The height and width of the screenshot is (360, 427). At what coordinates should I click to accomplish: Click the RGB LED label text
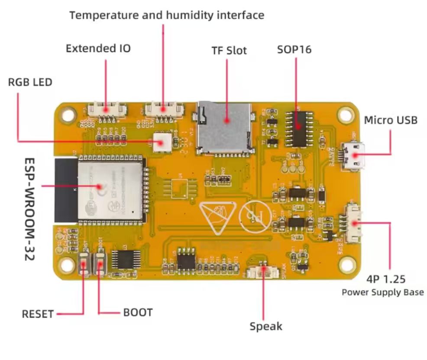30,82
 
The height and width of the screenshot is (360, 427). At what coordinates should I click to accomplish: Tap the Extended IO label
98,48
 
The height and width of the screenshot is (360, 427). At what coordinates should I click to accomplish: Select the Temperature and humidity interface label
167,16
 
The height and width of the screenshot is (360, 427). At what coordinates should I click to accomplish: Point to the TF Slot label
229,51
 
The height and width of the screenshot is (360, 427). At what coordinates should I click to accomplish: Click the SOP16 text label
294,49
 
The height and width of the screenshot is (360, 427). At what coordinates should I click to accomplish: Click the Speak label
265,326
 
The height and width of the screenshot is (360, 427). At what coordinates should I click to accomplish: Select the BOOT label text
138,312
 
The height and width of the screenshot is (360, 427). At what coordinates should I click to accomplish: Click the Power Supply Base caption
382,292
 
